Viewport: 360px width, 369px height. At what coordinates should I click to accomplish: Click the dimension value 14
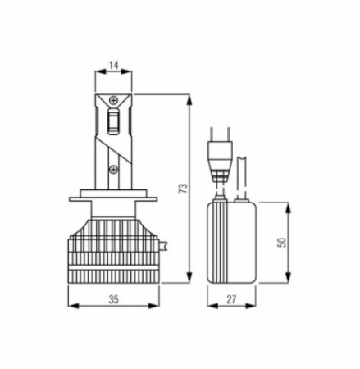pos(113,66)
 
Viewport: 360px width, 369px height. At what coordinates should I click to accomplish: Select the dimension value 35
pos(114,299)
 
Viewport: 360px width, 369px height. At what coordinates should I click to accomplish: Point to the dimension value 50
pos(282,243)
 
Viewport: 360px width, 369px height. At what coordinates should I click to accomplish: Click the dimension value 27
pos(231,299)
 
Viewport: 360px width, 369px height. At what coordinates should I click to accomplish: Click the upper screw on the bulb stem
pos(113,100)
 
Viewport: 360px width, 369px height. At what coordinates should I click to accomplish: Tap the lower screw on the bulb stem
pos(113,170)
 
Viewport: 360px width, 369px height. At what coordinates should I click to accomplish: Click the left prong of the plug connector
pos(212,134)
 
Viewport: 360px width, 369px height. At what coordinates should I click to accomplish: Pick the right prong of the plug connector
pos(228,134)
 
